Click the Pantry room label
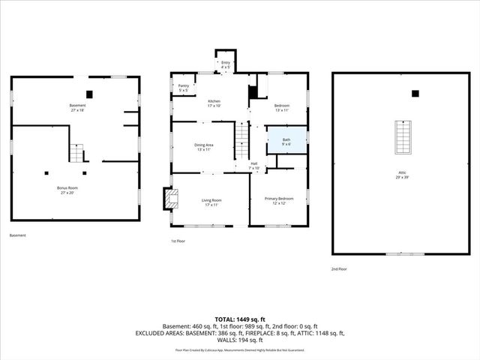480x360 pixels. coord(184,88)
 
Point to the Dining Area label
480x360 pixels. coord(204,147)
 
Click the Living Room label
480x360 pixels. coord(211,202)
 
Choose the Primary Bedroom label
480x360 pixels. coord(278,201)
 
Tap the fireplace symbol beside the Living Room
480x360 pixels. coord(172,198)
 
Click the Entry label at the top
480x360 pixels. coord(226,65)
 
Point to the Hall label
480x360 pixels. coord(254,166)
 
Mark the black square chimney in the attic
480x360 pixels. coord(415,94)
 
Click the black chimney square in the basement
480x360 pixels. coord(90,94)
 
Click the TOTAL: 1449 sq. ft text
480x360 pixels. coord(240,319)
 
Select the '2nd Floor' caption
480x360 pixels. coord(340,268)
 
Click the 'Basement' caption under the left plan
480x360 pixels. coord(18,235)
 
